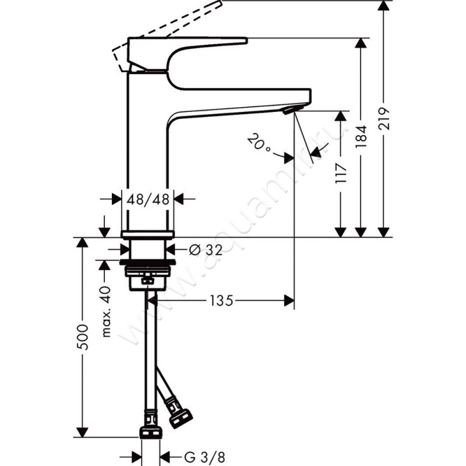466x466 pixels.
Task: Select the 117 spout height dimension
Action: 343,175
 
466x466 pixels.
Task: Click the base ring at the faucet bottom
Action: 149,234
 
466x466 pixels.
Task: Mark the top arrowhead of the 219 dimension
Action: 383,6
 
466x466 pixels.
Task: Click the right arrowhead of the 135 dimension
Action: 288,301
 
